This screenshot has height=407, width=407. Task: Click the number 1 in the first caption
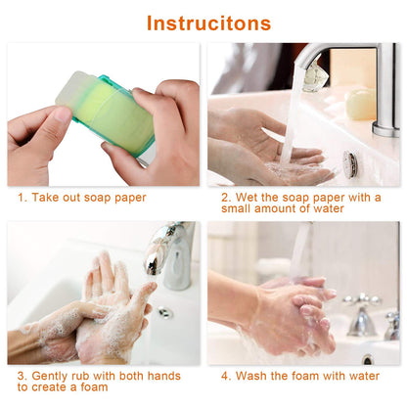22,198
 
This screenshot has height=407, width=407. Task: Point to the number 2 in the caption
225,198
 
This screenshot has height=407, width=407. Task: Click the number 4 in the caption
225,376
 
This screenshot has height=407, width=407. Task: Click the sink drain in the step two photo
349,164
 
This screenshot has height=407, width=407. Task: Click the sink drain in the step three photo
165,313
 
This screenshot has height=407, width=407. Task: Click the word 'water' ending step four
361,376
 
